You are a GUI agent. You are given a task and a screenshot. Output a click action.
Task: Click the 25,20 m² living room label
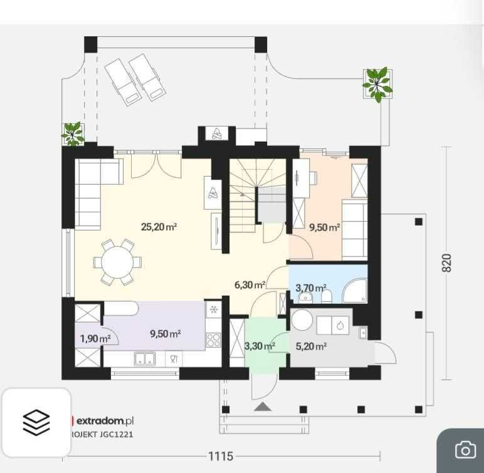pos(159,227)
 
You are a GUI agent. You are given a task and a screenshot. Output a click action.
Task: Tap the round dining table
pos(117,262)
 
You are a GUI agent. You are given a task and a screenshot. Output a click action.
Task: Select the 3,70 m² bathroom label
pos(311,288)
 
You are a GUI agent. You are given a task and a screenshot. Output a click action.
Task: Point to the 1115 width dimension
pos(221,456)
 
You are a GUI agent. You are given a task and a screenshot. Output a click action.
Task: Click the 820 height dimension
pos(446,263)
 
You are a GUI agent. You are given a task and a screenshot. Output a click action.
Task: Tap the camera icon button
pos(465,450)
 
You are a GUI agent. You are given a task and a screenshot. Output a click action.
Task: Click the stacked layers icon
pos(36,422)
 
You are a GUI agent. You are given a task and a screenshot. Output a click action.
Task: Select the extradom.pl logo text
pos(105,420)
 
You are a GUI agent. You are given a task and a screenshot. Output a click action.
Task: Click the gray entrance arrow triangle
pos(263,407)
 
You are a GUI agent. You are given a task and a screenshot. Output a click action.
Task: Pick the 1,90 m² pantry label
pos(95,339)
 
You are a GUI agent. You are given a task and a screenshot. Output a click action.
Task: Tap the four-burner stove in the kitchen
pos(213,340)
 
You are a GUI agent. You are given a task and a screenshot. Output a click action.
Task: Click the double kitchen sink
pos(145,359)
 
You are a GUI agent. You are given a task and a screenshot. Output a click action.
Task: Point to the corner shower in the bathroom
pos(355,291)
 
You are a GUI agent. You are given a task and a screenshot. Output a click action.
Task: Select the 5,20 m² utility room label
pos(311,346)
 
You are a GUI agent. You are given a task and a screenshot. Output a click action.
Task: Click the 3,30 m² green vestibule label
pos(260,346)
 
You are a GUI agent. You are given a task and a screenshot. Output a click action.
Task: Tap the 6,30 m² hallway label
pos(250,285)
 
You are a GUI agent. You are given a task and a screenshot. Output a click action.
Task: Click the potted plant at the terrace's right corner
pos(377,84)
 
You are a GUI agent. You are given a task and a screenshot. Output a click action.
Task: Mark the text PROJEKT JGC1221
pos(101,434)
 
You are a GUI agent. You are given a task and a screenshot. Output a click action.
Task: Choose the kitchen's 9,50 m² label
pos(165,333)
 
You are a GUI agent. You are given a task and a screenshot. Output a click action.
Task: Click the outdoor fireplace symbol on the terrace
pos(217,133)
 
